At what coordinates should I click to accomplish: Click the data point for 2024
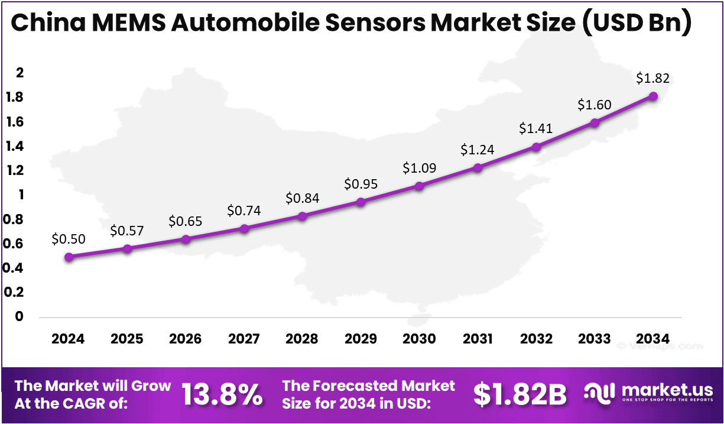point(69,257)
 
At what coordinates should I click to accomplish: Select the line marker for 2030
point(419,186)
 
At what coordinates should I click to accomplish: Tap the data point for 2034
point(653,96)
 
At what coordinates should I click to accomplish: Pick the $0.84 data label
point(303,198)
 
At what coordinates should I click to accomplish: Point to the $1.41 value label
point(536,128)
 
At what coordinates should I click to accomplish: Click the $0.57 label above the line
point(127,231)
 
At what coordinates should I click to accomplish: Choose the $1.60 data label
point(595,105)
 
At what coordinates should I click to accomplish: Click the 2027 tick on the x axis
point(244,339)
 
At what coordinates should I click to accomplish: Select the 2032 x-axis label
point(536,339)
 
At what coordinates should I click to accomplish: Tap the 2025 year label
point(127,339)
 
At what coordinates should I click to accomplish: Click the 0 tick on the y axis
point(20,316)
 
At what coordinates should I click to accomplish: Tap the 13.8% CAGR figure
point(222,394)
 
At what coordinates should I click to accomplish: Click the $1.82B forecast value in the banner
point(520,394)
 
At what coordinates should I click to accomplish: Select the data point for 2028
point(303,216)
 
